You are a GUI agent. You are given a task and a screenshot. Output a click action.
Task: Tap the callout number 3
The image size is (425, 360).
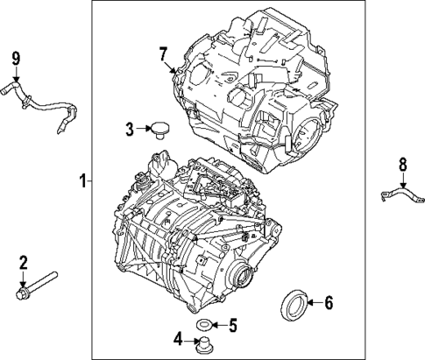(128, 130)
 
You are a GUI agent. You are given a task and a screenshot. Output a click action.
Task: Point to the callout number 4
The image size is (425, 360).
(179, 338)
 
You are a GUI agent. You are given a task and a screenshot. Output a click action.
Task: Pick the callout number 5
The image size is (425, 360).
(232, 326)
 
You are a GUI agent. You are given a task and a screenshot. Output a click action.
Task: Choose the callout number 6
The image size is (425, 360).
(329, 304)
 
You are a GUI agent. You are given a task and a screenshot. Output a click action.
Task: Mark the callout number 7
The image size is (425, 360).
(163, 54)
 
